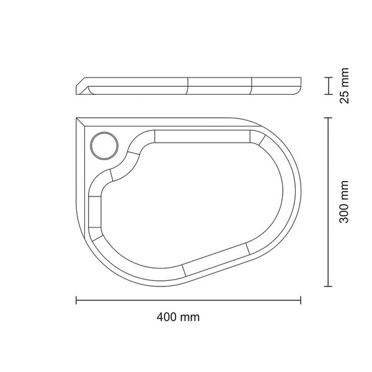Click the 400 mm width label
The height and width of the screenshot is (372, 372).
(x=178, y=317)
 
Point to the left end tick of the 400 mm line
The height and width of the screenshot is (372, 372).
(x=76, y=301)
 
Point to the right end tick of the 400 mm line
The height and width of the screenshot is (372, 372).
(x=302, y=301)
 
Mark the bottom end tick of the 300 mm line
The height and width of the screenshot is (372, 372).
(x=327, y=287)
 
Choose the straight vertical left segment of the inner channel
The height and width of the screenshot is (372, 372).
(x=95, y=212)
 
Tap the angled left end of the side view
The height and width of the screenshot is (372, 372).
(x=82, y=87)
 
